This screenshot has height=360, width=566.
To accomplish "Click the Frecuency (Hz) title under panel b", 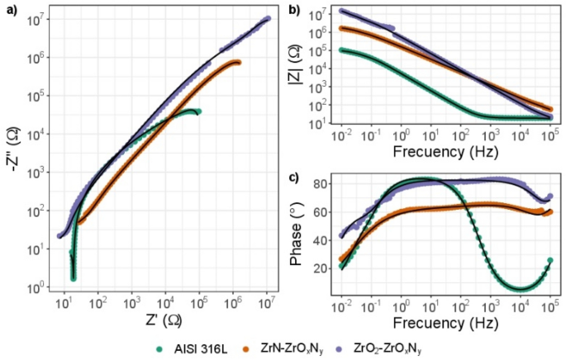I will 445,154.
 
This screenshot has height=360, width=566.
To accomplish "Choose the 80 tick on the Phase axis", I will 323,183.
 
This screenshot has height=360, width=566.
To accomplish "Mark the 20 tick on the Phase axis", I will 323,268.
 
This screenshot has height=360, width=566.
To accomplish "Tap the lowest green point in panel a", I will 74,278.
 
